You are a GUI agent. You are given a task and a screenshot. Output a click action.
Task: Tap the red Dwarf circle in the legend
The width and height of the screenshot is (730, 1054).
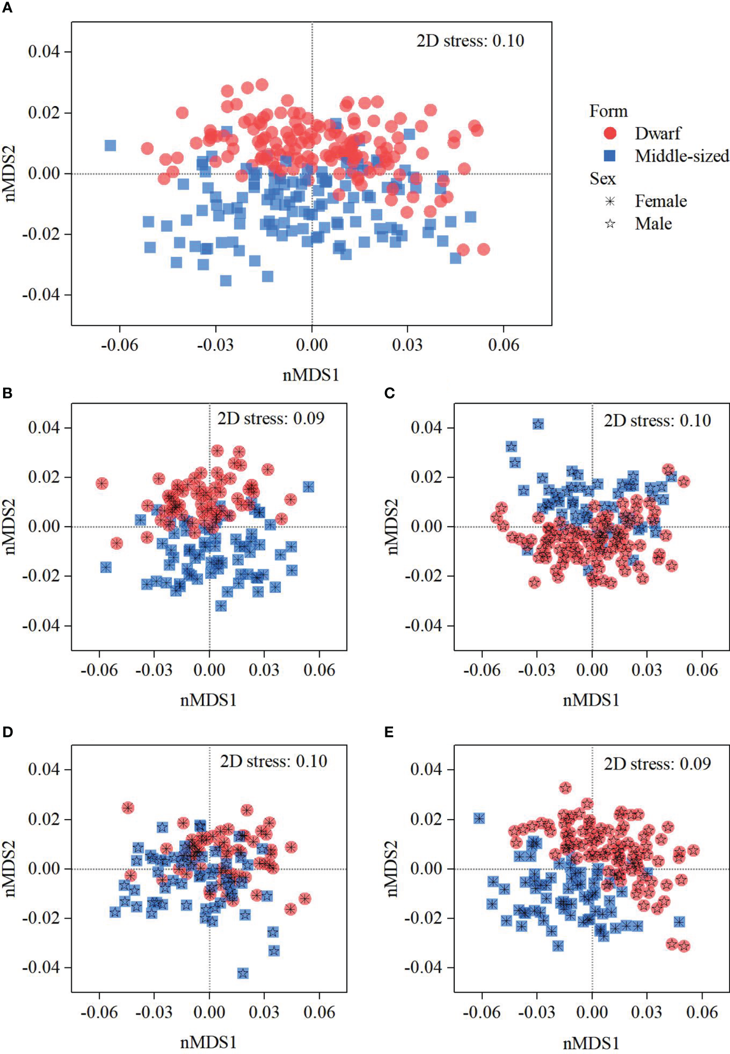610,133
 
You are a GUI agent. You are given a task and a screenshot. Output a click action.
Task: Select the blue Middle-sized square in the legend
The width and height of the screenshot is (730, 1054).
610,155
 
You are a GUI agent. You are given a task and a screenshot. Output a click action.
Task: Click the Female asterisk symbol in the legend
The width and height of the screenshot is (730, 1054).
610,201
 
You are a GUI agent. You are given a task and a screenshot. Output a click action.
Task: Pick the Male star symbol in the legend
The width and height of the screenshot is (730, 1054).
610,223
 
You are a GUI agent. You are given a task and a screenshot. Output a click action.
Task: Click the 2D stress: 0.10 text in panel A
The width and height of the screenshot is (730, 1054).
470,41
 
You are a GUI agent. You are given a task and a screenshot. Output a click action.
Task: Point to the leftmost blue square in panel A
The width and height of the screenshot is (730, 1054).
110,146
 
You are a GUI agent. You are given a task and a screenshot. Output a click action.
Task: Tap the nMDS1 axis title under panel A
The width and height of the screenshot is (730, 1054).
311,375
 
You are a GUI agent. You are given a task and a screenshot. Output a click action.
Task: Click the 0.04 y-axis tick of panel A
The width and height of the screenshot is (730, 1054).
44,51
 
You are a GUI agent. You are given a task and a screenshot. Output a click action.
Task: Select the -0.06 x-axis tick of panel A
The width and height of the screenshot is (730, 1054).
120,345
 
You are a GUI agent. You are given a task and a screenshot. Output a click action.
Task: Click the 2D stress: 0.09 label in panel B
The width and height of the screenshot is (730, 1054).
271,418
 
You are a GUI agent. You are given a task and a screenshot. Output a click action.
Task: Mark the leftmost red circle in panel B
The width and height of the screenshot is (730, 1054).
102,483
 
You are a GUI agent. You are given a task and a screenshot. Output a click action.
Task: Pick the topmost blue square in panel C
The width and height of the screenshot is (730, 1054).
538,424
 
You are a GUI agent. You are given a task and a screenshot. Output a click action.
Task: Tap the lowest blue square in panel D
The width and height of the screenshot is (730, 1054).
243,973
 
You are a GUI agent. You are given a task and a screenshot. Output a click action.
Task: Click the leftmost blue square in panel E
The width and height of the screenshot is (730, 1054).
479,818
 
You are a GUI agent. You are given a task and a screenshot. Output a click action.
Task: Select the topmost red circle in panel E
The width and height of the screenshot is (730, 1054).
566,788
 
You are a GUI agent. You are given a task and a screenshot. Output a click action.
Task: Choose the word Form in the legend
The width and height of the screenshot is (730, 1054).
608,111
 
